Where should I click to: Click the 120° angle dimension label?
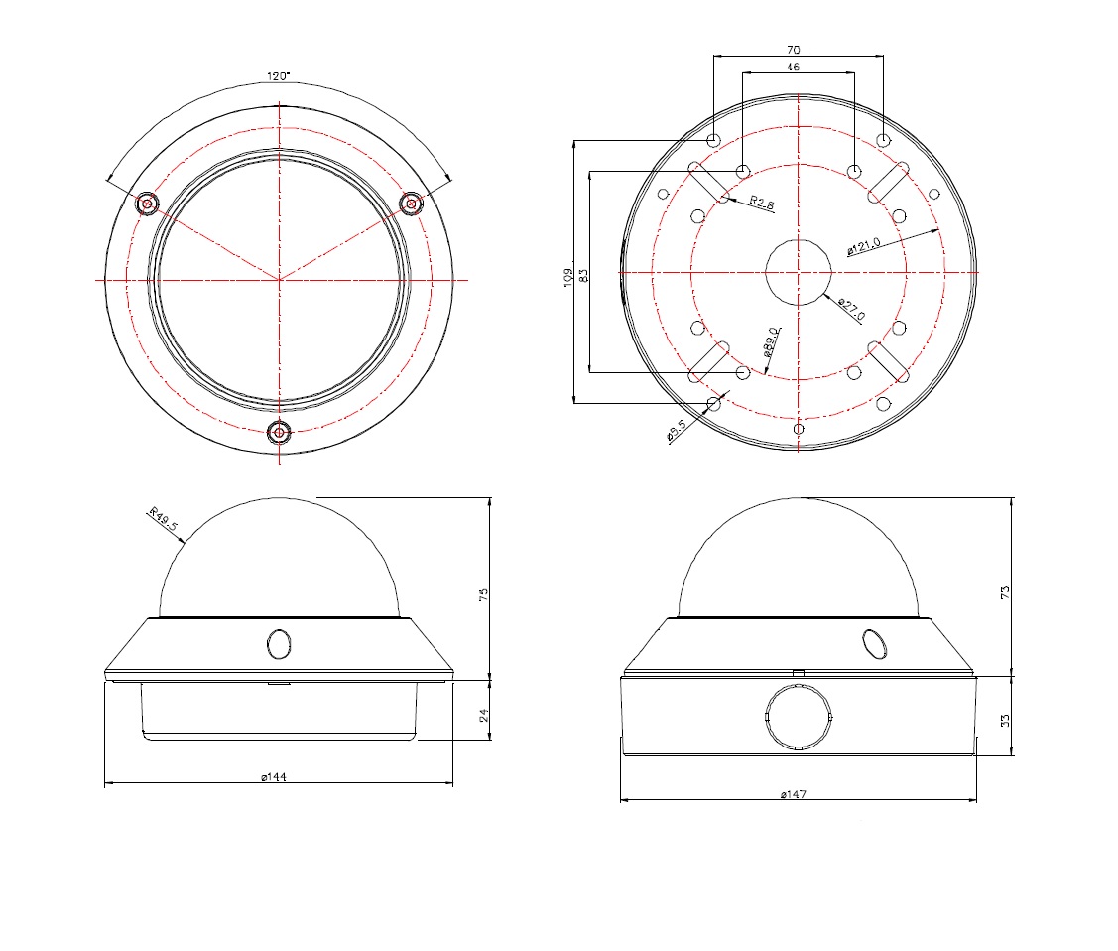pos(278,76)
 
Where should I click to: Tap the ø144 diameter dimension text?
pos(274,777)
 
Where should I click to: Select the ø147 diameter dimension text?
pos(793,794)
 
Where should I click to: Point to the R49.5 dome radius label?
pos(164,519)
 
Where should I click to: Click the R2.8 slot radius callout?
pos(762,204)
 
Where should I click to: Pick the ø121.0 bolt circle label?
pos(863,246)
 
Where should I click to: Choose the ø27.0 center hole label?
pos(852,309)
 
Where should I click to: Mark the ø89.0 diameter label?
pos(772,341)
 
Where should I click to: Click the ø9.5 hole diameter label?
pos(677,430)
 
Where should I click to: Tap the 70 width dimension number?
pos(794,50)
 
